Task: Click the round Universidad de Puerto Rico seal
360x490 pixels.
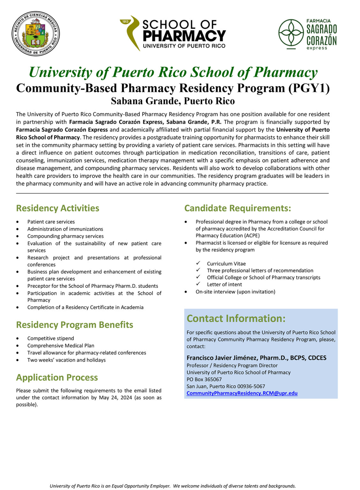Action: click(x=36, y=34)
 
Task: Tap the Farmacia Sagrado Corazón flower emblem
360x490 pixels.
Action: click(x=291, y=33)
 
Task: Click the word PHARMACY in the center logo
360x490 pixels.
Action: click(x=184, y=36)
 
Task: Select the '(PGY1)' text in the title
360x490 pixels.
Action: click(x=309, y=88)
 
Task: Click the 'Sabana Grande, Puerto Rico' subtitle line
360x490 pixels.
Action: click(x=173, y=101)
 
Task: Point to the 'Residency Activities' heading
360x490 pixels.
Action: click(x=58, y=208)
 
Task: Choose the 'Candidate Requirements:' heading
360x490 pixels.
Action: click(x=237, y=208)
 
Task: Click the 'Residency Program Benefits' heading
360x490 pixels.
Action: click(x=74, y=325)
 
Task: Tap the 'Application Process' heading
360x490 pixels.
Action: click(x=57, y=377)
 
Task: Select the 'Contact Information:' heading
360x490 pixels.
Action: click(x=236, y=318)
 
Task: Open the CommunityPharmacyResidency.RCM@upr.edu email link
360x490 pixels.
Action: click(x=242, y=393)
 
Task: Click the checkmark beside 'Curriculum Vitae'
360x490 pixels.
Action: click(x=198, y=263)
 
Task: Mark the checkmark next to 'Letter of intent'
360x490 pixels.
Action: click(x=198, y=284)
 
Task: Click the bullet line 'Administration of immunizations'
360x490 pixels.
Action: click(x=65, y=229)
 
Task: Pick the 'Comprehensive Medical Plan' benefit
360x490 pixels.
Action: click(x=61, y=345)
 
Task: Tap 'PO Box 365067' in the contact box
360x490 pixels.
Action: click(x=204, y=379)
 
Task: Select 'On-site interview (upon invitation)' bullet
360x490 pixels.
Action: click(x=235, y=292)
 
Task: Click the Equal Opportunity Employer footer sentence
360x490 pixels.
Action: click(x=173, y=486)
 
